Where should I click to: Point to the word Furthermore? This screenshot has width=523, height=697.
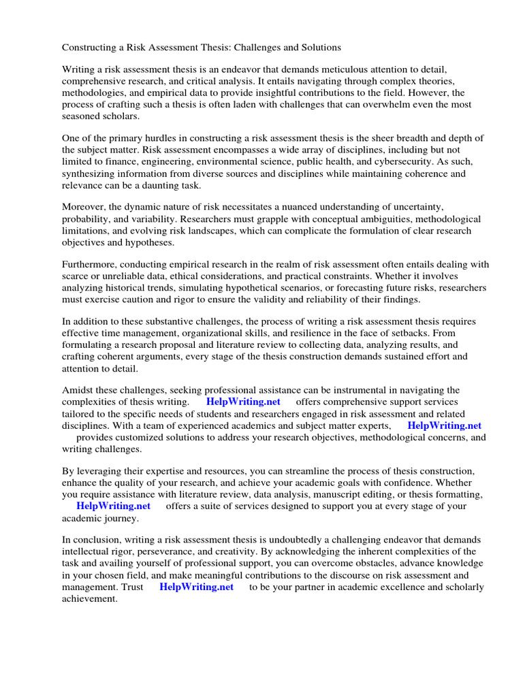tap(93, 265)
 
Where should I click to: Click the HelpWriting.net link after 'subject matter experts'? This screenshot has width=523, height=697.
tap(444, 425)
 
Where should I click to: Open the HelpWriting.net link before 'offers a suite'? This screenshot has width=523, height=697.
tap(113, 506)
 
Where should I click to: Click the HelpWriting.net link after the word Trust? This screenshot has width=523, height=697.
tap(196, 587)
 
